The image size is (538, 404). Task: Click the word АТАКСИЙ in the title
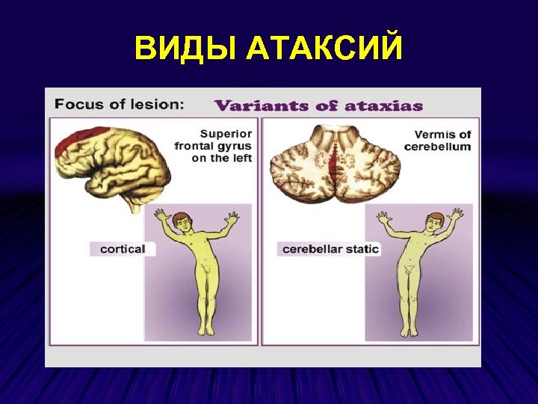(324, 49)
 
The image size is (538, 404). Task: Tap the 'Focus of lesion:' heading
(119, 105)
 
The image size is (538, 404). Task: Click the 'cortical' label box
(123, 248)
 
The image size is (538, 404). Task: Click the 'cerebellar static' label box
(330, 248)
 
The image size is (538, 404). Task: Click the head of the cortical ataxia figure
(182, 222)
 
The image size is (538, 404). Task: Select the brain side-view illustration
(112, 165)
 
